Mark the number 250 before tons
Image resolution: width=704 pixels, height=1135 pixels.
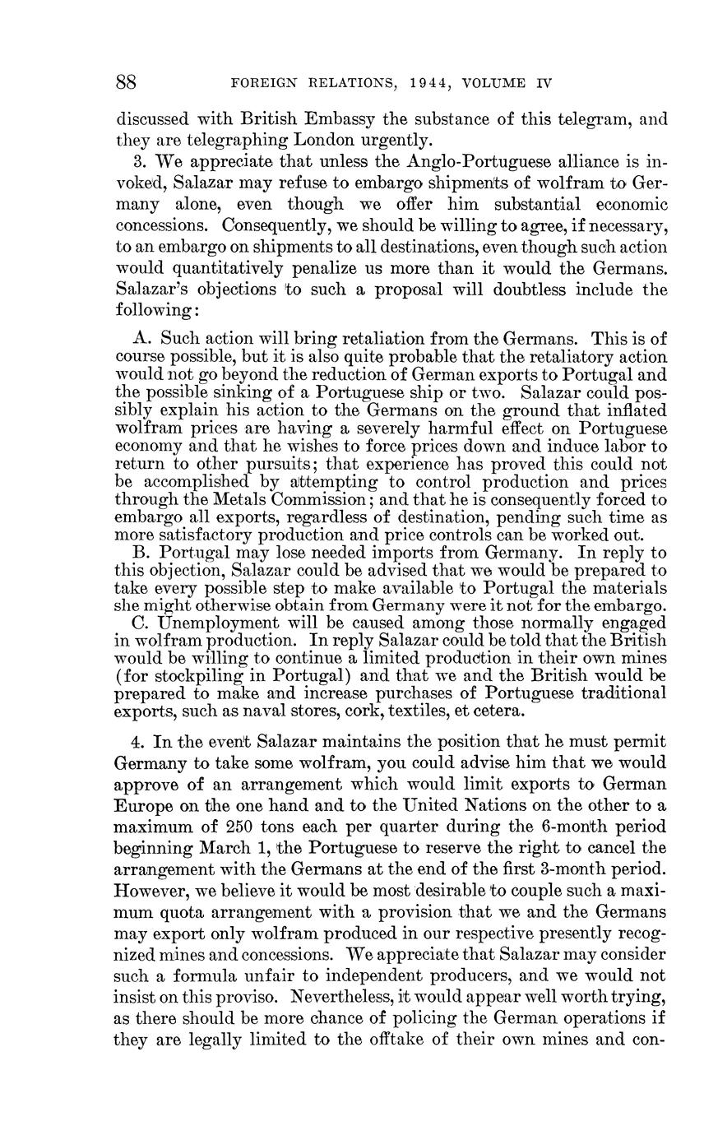click(x=227, y=825)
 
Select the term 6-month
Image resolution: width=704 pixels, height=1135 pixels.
click(x=573, y=825)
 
